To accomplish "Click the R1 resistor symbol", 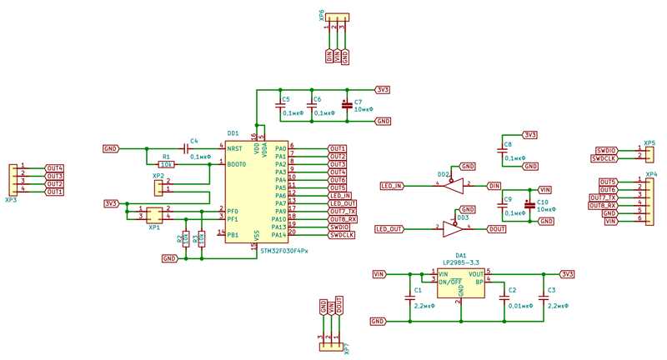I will click(x=166, y=164).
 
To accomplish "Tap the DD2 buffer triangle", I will click(x=453, y=185).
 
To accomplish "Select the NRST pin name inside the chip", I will click(x=236, y=148).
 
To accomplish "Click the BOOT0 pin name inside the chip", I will click(x=238, y=164).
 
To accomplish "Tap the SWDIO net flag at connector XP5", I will click(x=606, y=149).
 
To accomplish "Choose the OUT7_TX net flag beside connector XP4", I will click(x=603, y=197).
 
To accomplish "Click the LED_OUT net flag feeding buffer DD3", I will click(x=389, y=228).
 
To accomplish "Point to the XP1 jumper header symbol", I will click(x=154, y=213).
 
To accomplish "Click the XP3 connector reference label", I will click(x=11, y=201).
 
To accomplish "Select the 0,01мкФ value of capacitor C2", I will click(x=521, y=307).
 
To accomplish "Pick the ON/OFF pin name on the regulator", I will click(x=452, y=282).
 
